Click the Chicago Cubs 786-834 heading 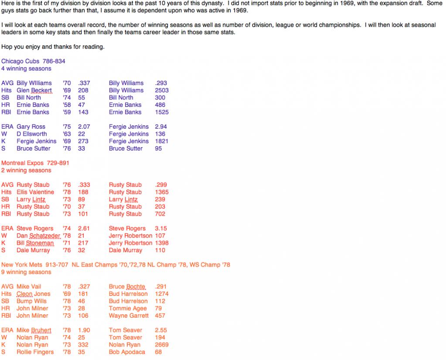[x=33, y=61]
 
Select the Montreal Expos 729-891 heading [x=35, y=163]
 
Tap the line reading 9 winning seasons [x=26, y=272]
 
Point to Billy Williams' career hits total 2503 [x=162, y=90]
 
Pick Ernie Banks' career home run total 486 [x=160, y=105]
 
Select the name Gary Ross [x=31, y=127]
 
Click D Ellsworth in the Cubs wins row [x=33, y=134]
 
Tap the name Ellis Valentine [x=35, y=192]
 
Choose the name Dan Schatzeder [x=38, y=236]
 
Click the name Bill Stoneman [x=35, y=243]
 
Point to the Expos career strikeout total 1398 [x=162, y=243]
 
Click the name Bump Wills [x=31, y=301]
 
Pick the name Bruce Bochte [x=127, y=287]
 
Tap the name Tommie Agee [x=128, y=309]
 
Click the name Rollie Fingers [x=35, y=352]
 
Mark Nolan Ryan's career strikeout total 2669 [x=162, y=345]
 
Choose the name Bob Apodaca [x=127, y=352]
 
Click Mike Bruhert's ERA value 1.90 [x=84, y=330]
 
